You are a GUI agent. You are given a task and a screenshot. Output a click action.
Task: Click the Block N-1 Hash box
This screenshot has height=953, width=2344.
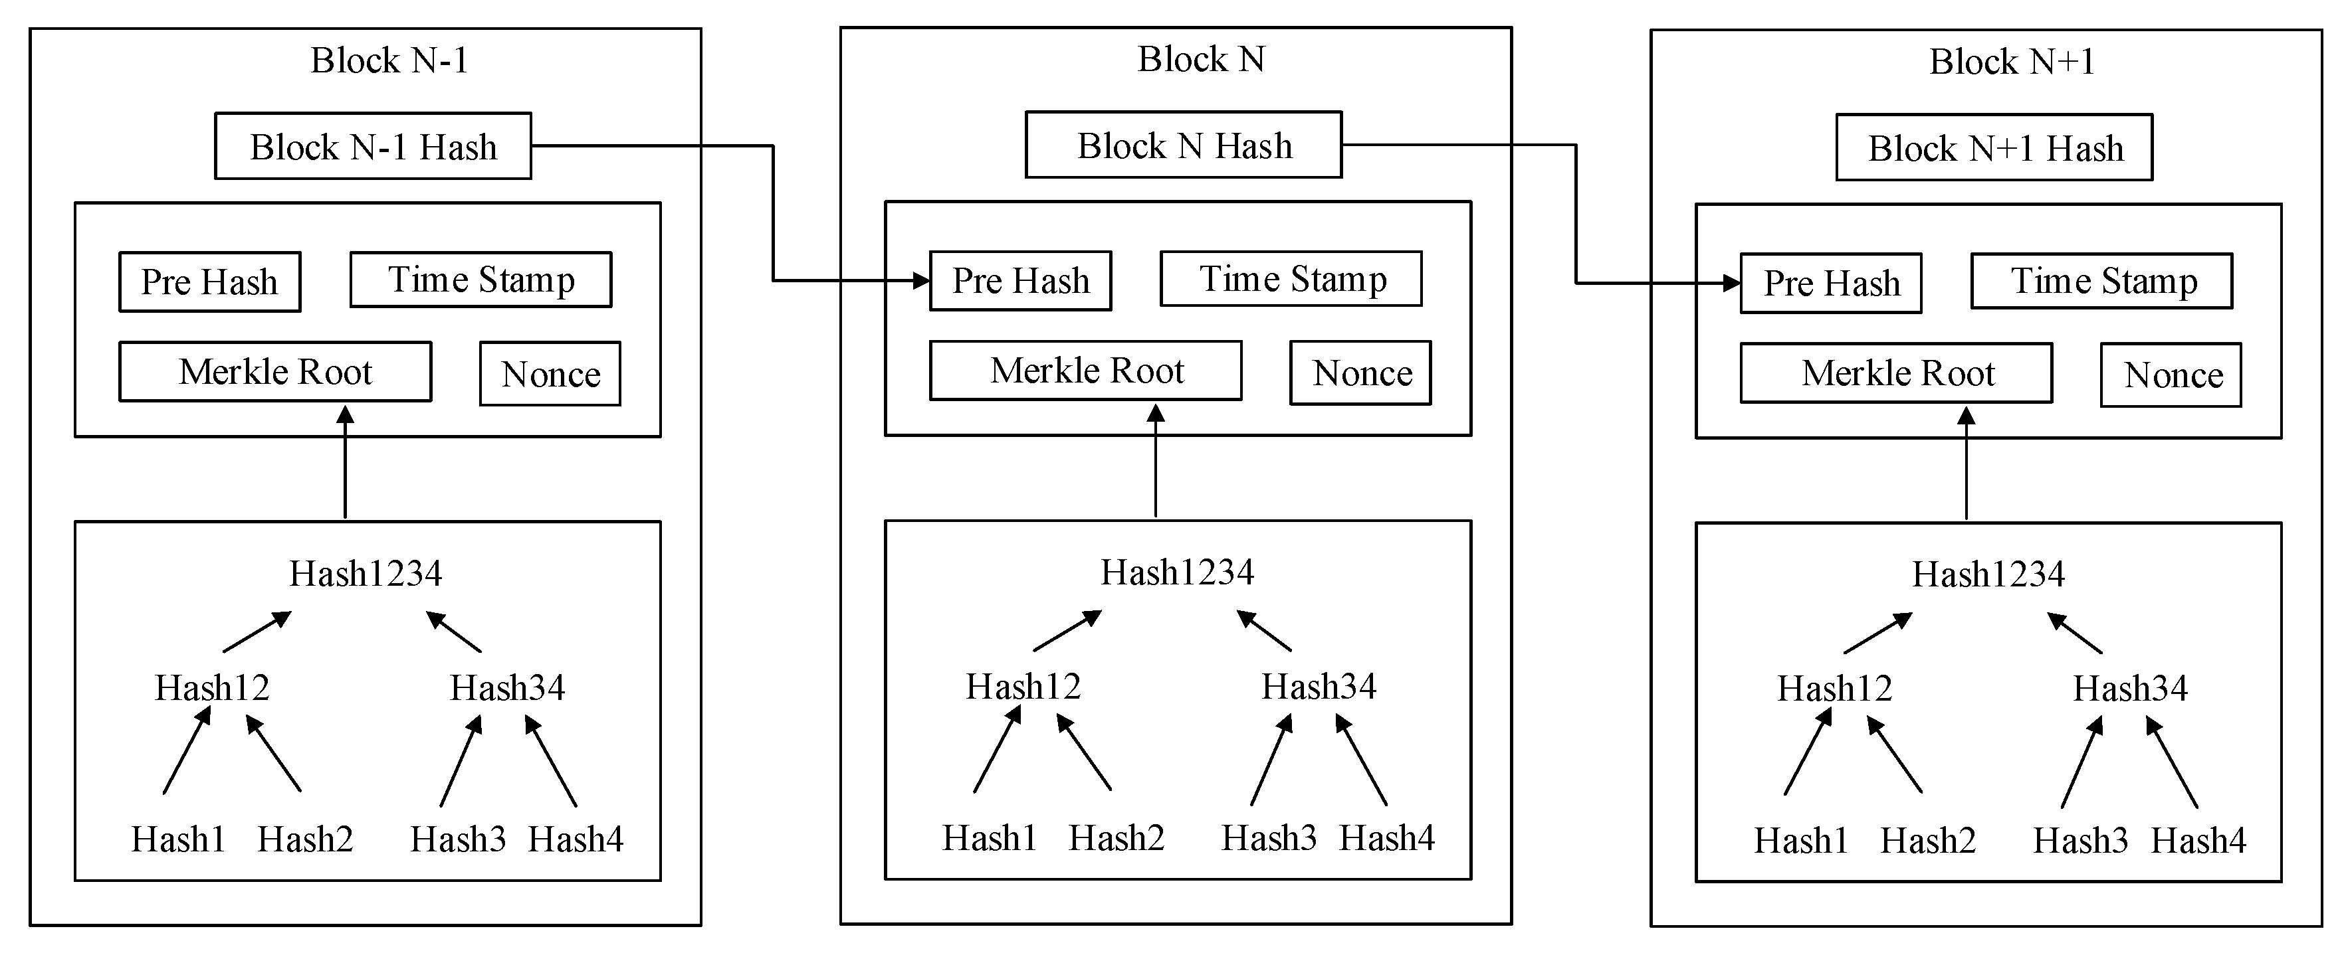[x=373, y=146]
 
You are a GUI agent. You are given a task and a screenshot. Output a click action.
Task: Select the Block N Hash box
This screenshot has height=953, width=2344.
[x=1184, y=145]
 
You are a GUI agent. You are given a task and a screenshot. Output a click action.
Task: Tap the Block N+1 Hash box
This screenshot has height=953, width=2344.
[x=1994, y=148]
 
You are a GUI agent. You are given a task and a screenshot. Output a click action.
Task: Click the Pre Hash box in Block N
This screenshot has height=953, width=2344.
[x=1020, y=281]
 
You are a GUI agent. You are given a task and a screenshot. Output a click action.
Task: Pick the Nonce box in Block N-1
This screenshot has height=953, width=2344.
[x=550, y=374]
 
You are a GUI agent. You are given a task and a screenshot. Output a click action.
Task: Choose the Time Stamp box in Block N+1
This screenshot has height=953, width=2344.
[x=2102, y=281]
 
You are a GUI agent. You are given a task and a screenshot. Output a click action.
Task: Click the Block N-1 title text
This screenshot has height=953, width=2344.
[x=389, y=61]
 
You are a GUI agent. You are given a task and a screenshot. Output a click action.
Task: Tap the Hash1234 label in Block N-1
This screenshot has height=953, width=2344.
[x=366, y=574]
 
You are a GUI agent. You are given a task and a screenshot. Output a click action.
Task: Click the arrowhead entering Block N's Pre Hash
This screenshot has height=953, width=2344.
[x=921, y=281]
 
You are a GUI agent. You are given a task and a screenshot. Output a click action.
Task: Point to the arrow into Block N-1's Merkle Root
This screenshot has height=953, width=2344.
[x=345, y=464]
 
